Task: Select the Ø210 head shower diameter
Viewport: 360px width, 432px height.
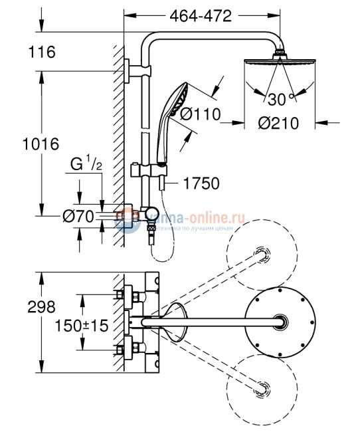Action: click(x=277, y=123)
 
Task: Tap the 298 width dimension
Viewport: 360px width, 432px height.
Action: click(x=23, y=308)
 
